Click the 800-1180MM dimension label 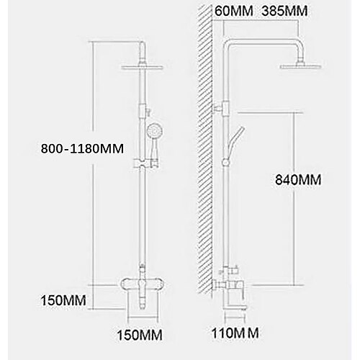pos(82,149)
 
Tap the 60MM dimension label pos(234,11)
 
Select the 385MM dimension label pos(284,11)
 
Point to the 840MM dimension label pos(298,180)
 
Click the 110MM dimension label pos(235,333)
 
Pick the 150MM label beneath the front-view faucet pos(140,335)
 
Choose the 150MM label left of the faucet pos(63,300)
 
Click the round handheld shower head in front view pos(155,132)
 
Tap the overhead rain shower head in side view pos(301,66)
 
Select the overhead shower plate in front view pos(143,68)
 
